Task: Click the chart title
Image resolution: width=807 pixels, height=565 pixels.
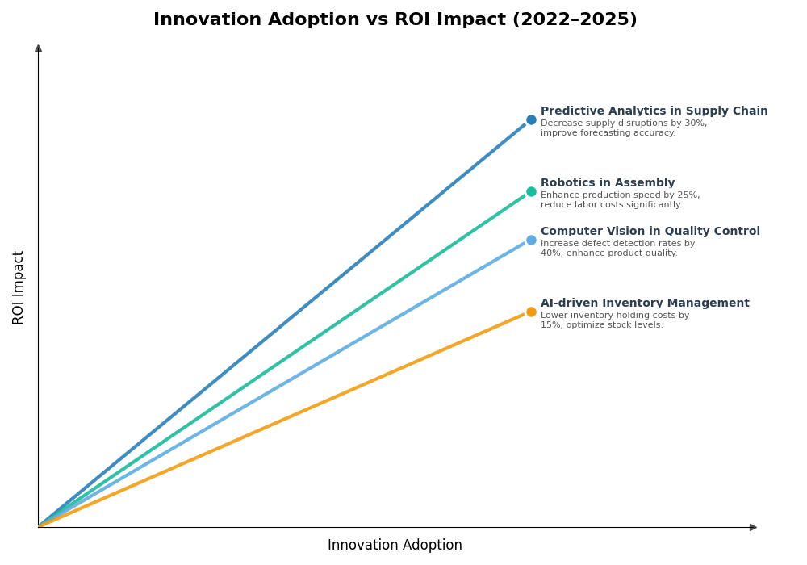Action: (395, 20)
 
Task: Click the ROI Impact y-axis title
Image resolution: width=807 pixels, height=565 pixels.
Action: (19, 287)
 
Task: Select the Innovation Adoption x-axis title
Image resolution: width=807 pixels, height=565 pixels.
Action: (395, 546)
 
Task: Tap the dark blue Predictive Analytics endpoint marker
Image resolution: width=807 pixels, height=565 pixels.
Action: (531, 120)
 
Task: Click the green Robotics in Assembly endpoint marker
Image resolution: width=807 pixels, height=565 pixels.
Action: (531, 192)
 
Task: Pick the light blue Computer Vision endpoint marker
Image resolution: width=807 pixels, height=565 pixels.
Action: (531, 241)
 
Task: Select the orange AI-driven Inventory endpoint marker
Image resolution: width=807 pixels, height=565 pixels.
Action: (531, 312)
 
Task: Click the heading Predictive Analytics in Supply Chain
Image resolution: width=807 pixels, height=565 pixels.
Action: (654, 111)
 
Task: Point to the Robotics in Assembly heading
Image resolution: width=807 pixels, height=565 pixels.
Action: (607, 183)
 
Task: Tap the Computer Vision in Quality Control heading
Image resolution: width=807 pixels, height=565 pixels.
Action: (650, 232)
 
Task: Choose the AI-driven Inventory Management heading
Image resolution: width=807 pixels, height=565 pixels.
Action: (644, 303)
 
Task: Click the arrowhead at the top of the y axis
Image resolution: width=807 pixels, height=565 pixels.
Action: (38, 48)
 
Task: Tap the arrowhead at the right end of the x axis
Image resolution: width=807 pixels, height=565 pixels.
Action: (753, 527)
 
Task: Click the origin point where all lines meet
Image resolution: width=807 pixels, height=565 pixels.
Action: (39, 526)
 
